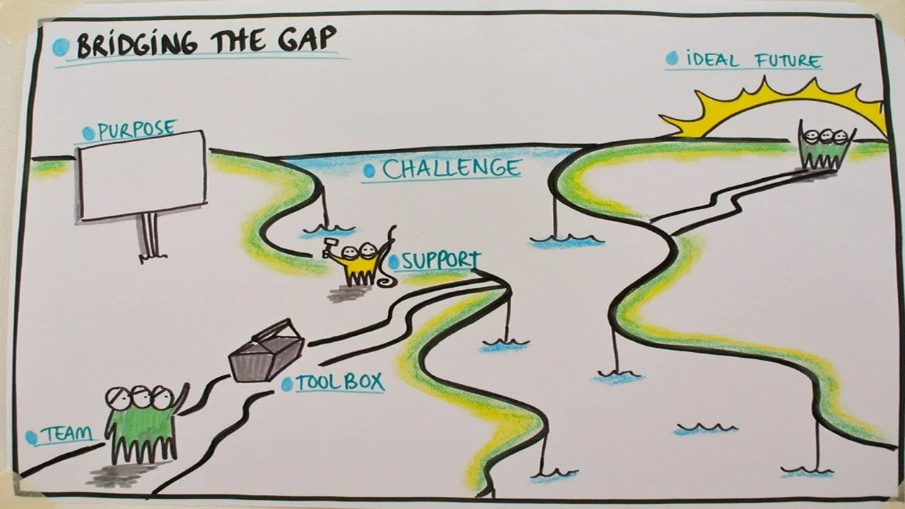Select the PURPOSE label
click(x=136, y=130)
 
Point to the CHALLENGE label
click(x=451, y=169)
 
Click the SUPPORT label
click(x=440, y=261)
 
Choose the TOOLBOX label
click(x=339, y=383)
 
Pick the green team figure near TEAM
click(x=141, y=424)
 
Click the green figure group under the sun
click(x=825, y=148)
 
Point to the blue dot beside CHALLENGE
click(x=369, y=171)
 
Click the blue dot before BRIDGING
click(x=62, y=47)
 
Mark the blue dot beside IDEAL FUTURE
click(x=671, y=59)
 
